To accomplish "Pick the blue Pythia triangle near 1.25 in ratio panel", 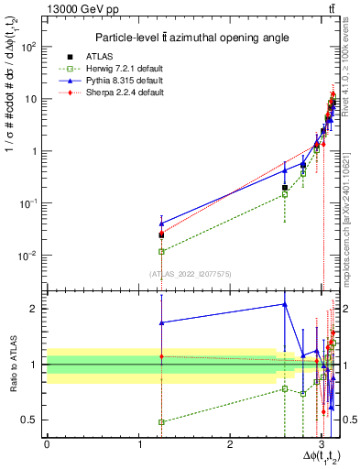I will tap(161, 322).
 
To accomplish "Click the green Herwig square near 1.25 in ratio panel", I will tap(161, 422).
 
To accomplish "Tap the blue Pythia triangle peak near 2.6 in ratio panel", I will tap(285, 304).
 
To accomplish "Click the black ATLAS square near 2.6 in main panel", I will tap(285, 187).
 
